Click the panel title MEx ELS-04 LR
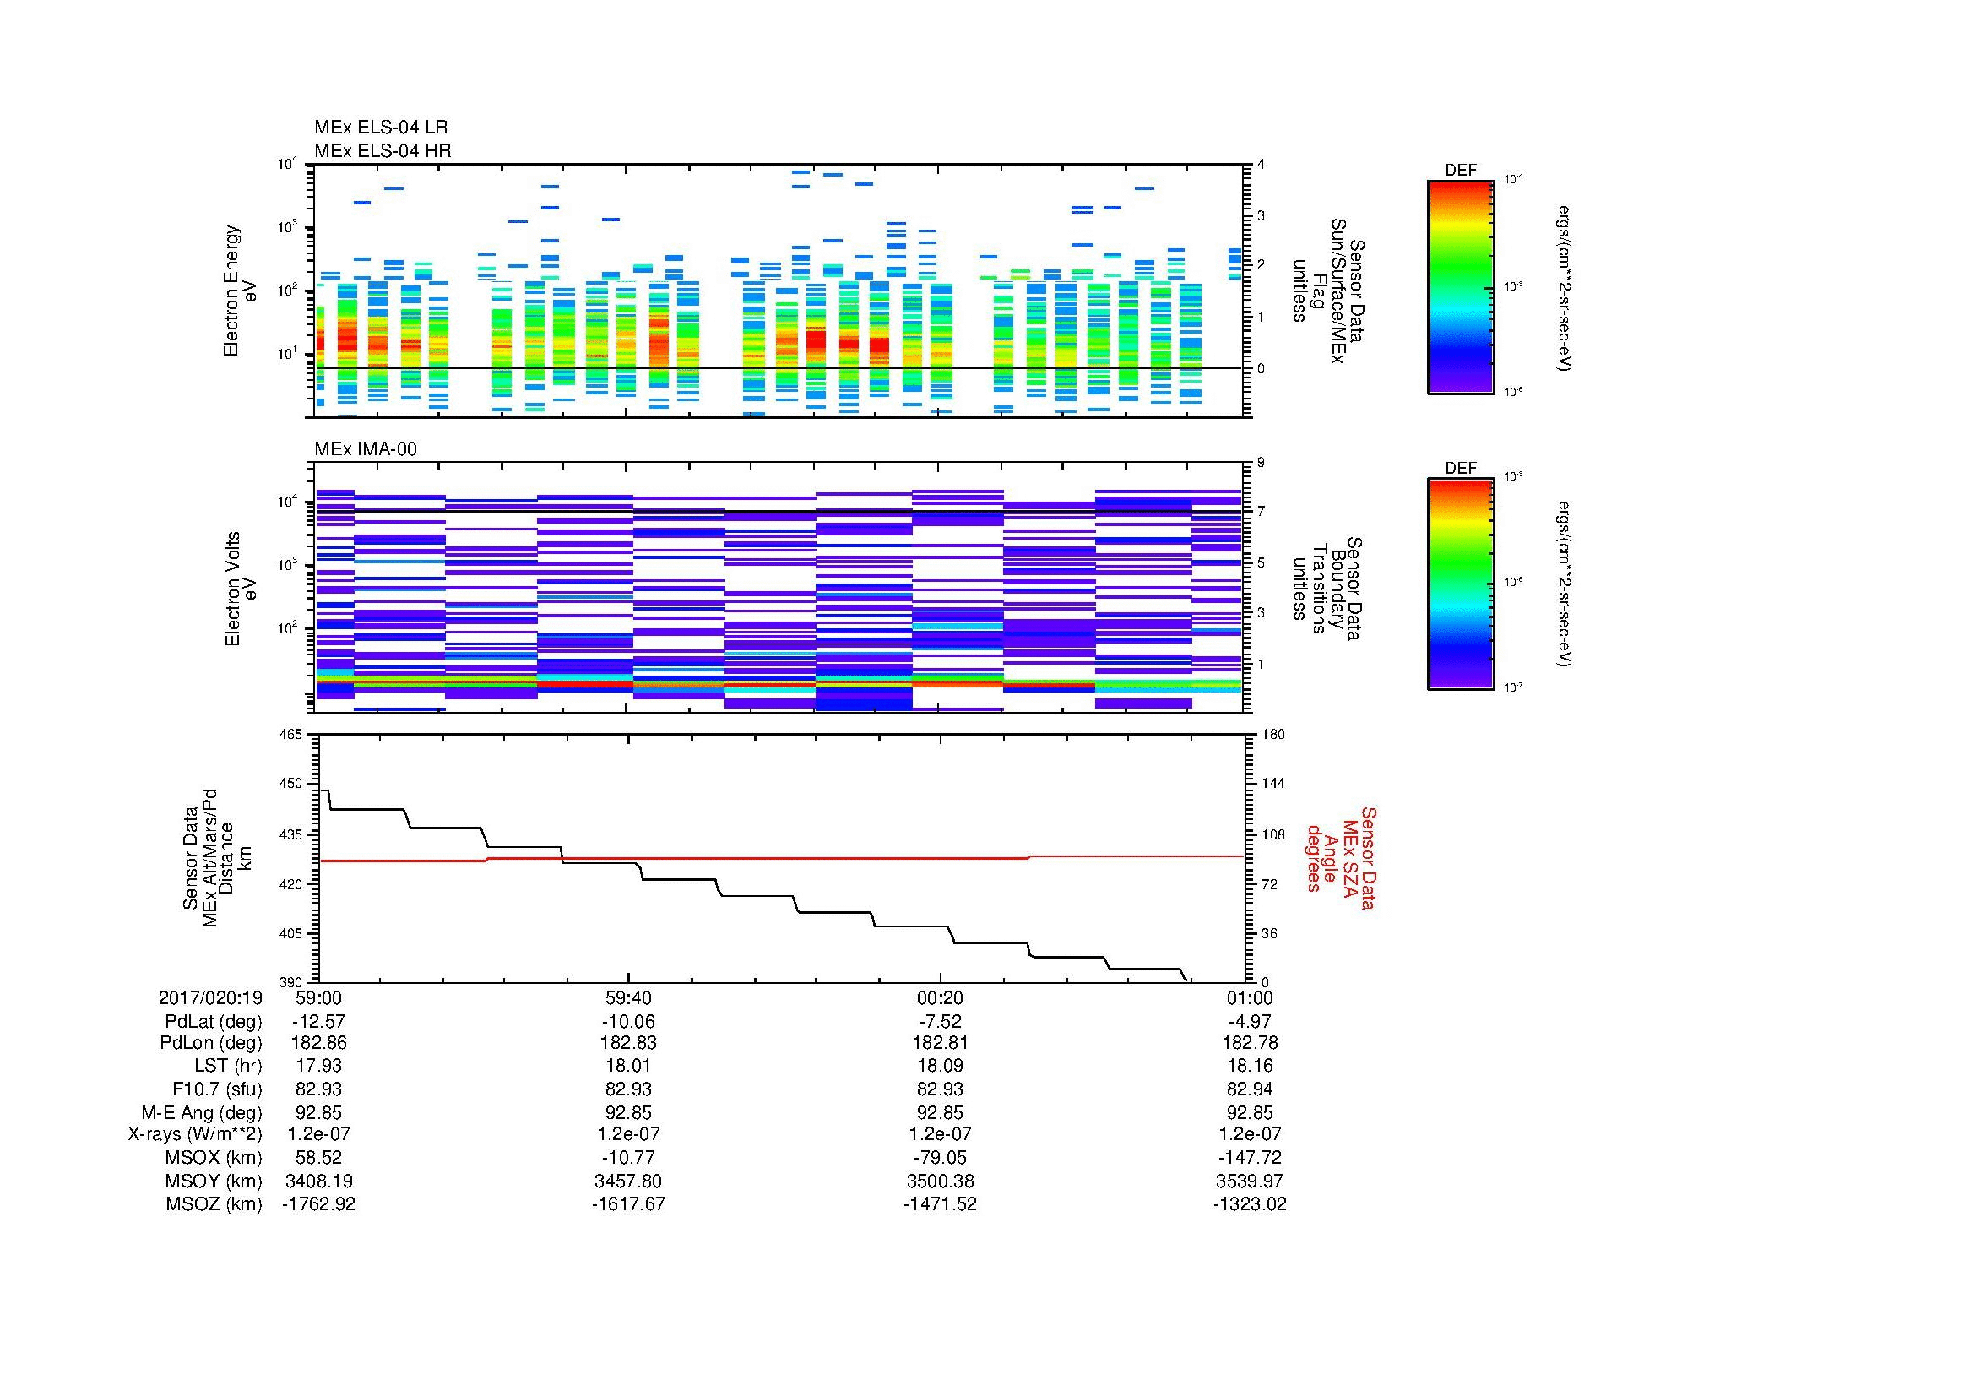tap(380, 128)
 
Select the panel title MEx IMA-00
tap(365, 449)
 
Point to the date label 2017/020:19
tap(210, 997)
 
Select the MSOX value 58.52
tap(318, 1157)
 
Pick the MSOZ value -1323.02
tap(1249, 1204)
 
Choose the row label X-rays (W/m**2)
tap(194, 1134)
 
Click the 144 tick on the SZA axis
tap(1272, 784)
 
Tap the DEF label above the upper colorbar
tap(1460, 171)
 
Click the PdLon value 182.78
tap(1249, 1042)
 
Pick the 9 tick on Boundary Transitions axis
tap(1261, 463)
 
